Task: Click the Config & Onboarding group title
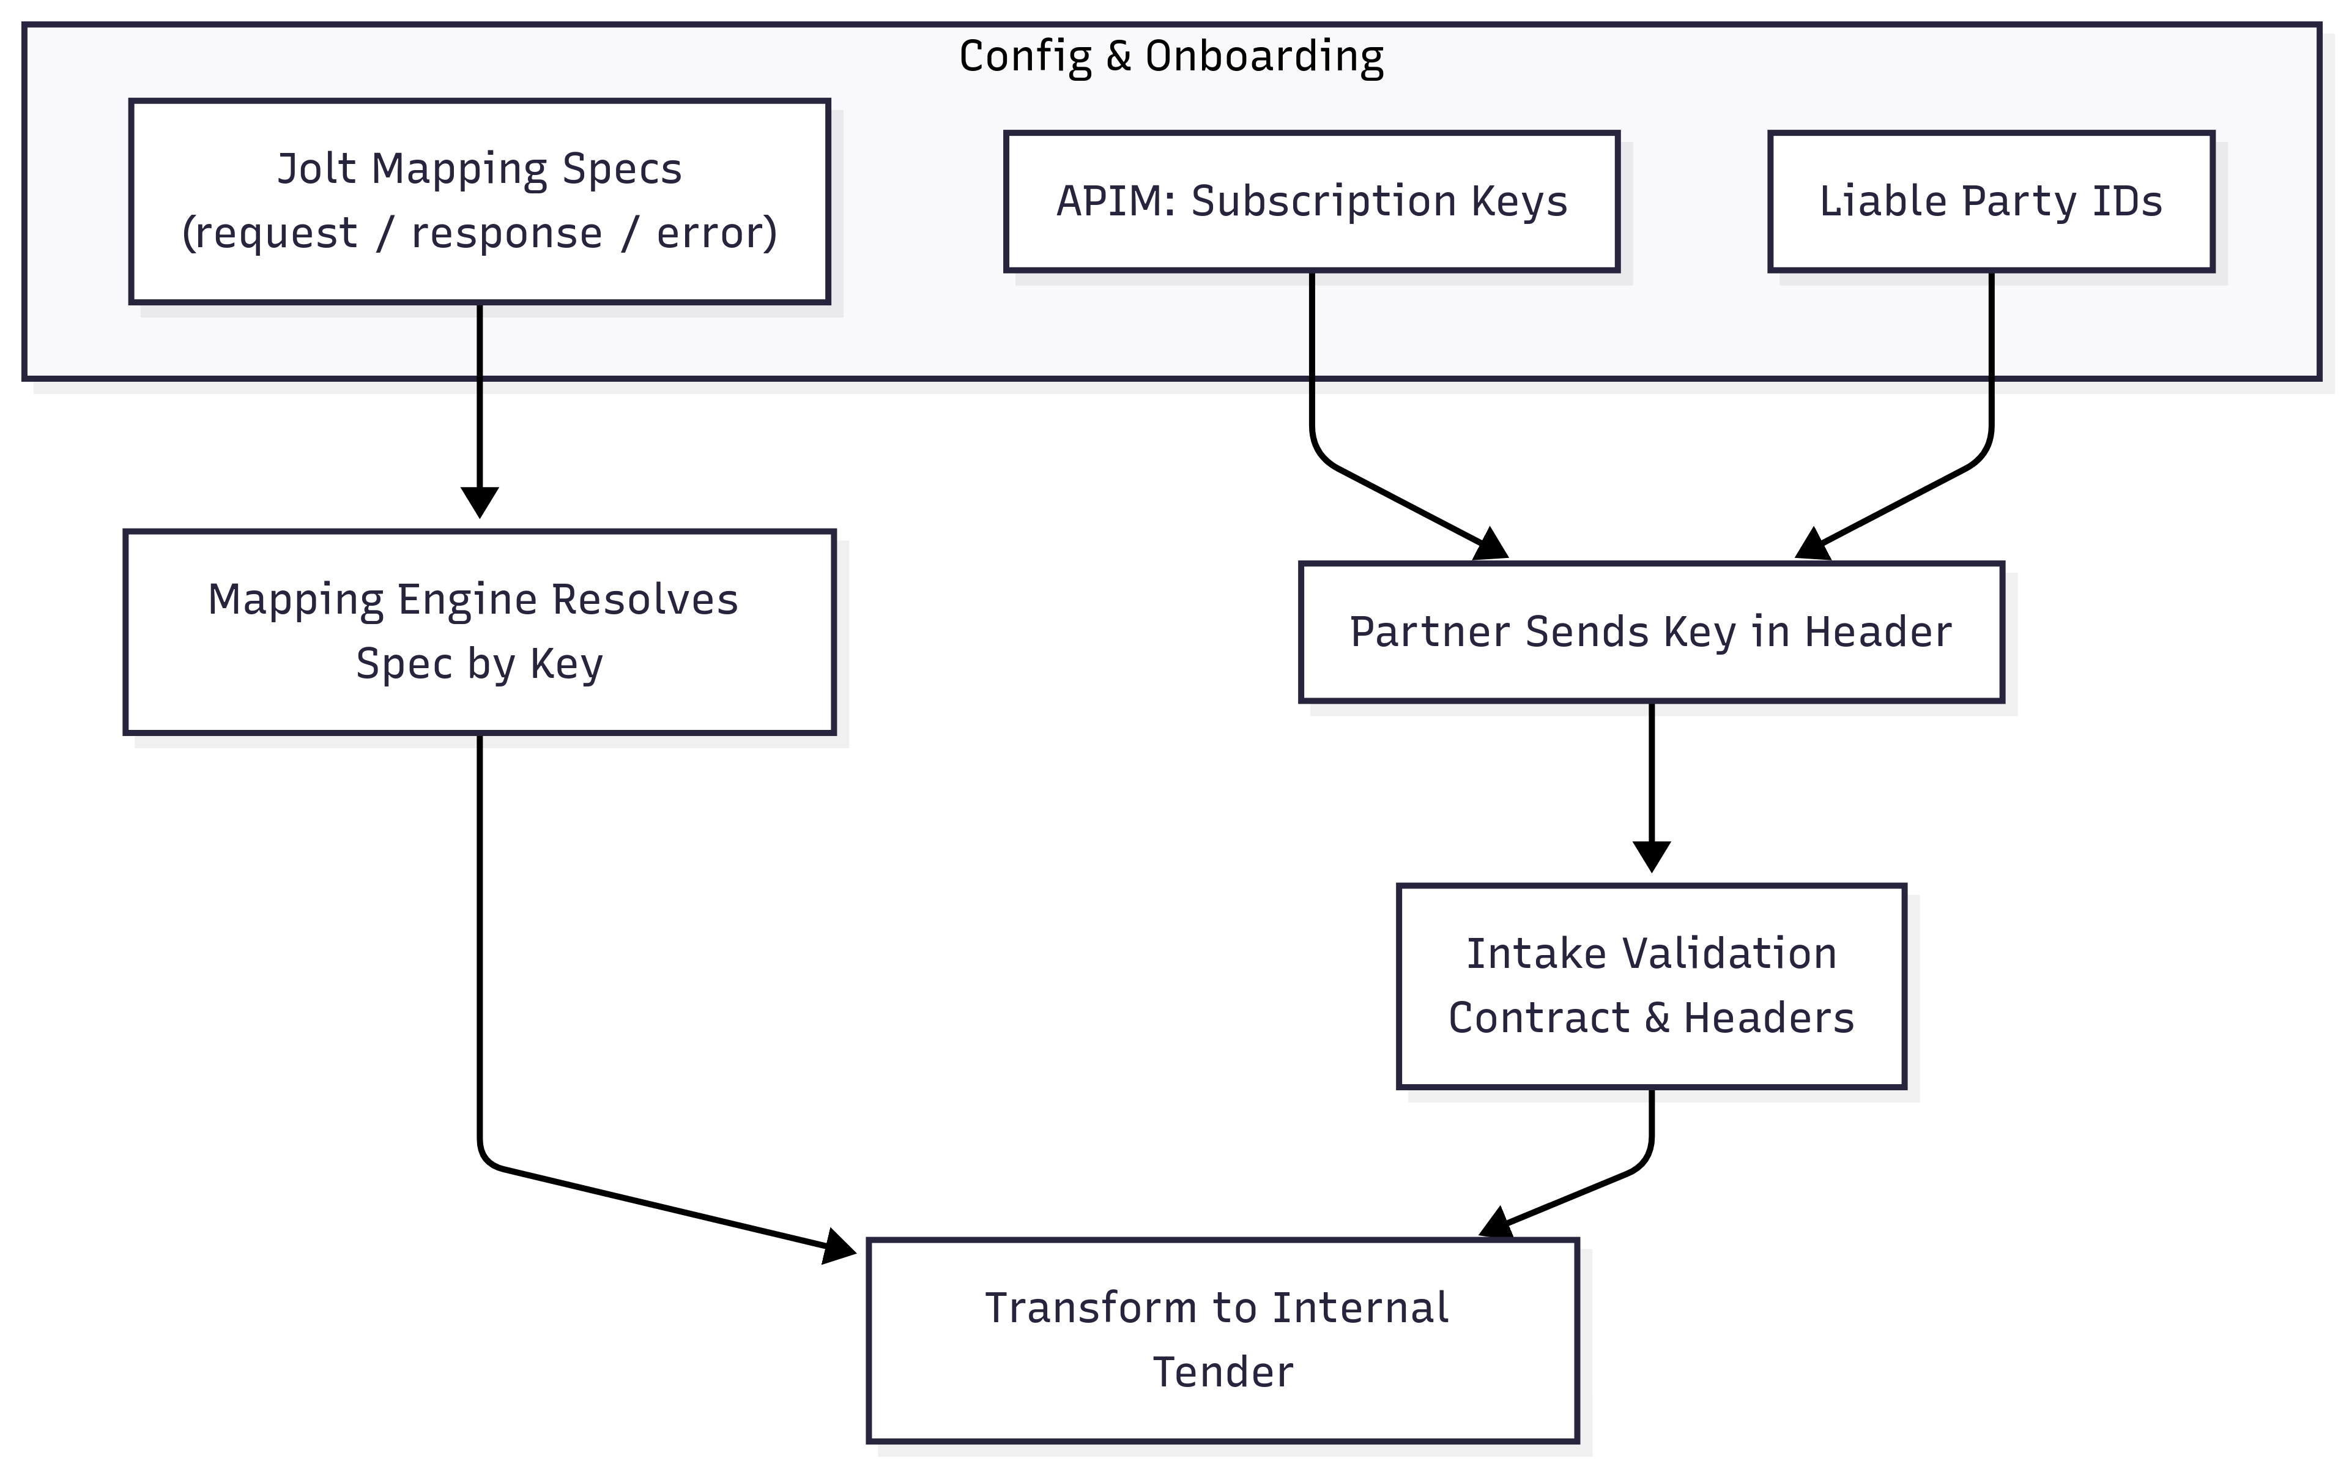tap(1171, 56)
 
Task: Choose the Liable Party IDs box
tap(1991, 201)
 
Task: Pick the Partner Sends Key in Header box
tap(1650, 631)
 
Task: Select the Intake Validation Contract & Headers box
tap(1650, 985)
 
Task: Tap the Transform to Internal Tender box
tap(1222, 1340)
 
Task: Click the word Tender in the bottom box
tap(1222, 1372)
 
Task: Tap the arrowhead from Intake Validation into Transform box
tap(1496, 1224)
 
